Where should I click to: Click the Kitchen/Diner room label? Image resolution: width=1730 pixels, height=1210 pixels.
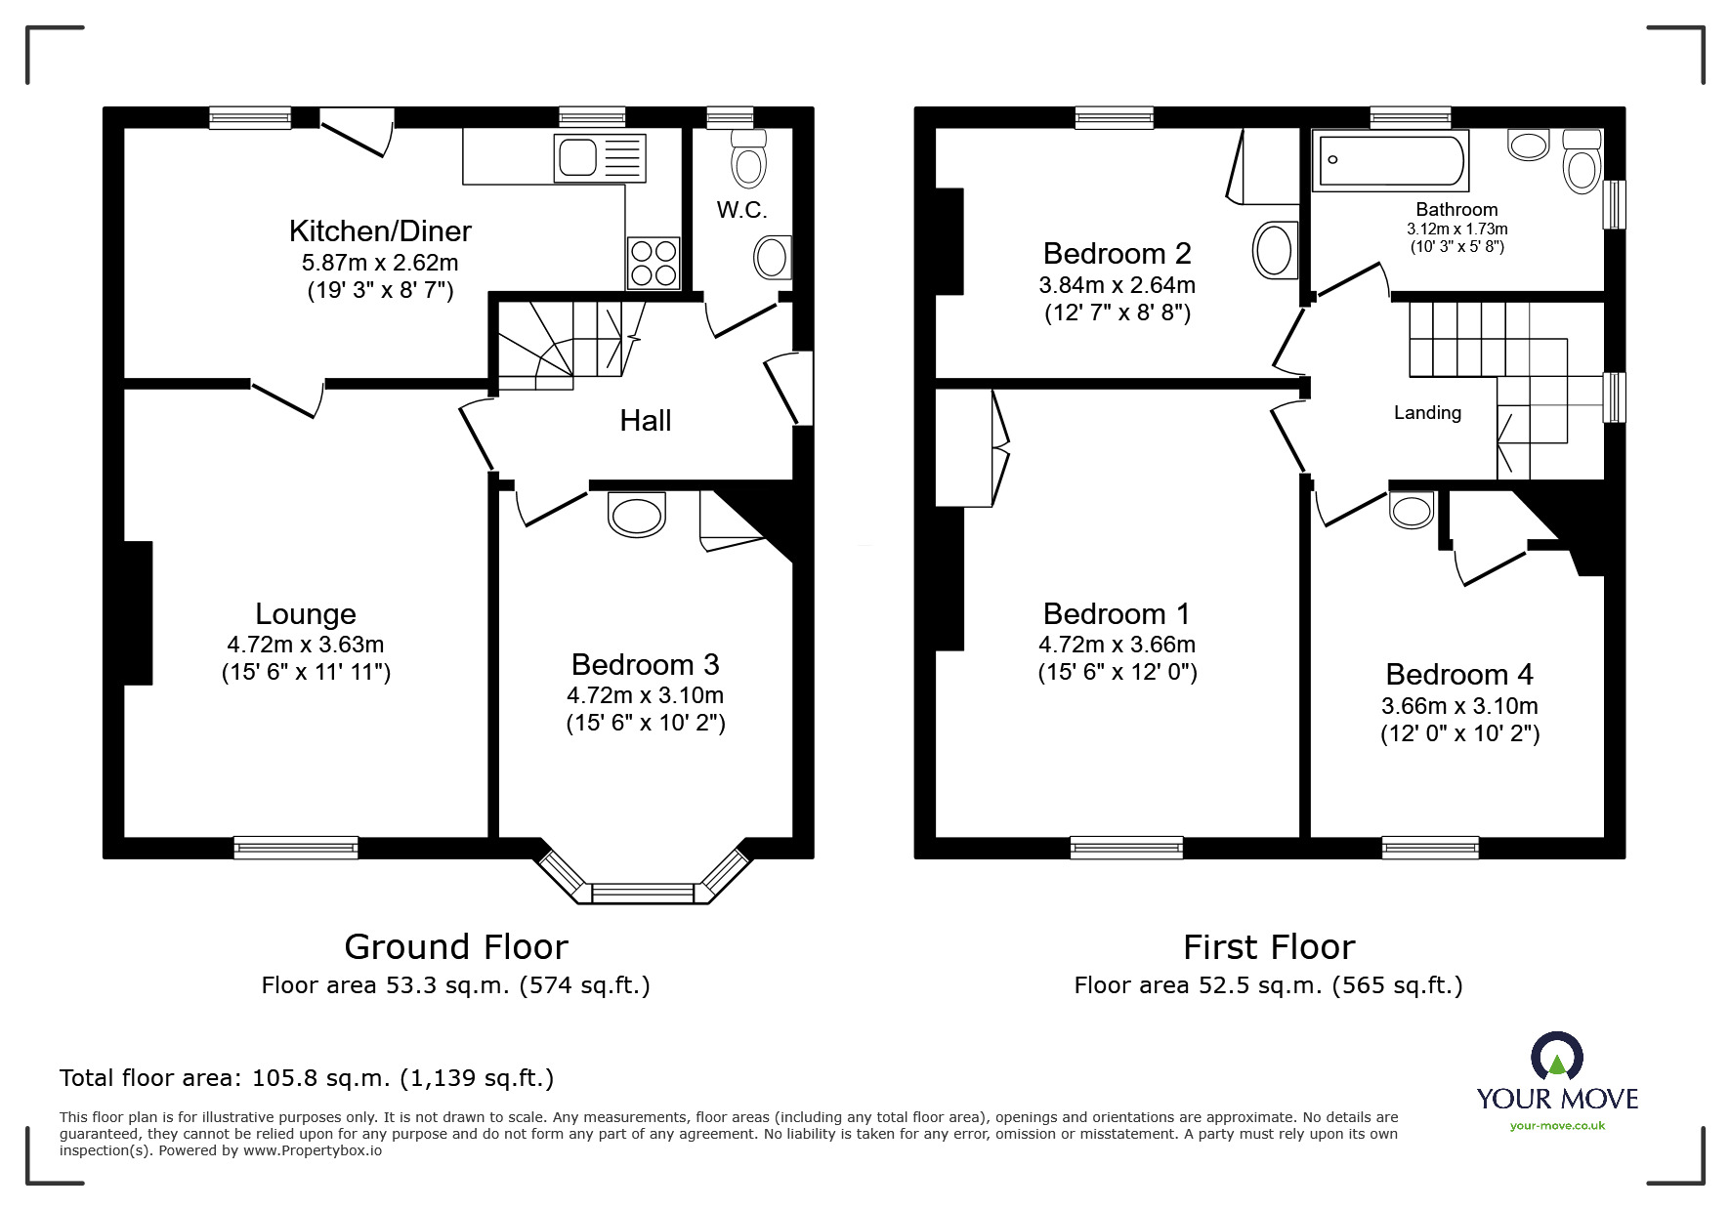pyautogui.click(x=380, y=230)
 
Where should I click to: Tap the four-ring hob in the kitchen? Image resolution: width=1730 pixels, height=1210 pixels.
pyautogui.click(x=654, y=262)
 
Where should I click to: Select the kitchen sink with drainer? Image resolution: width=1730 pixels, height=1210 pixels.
pyautogui.click(x=599, y=158)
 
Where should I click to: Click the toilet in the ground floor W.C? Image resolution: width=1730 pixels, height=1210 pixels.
pyautogui.click(x=748, y=159)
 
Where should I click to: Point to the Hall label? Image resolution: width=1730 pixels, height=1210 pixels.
pyautogui.click(x=645, y=421)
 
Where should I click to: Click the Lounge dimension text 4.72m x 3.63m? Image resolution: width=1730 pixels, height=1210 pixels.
pyautogui.click(x=305, y=645)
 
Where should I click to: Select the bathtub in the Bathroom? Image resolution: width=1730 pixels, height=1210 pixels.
pyautogui.click(x=1392, y=161)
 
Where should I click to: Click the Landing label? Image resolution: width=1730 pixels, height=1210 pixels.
pyautogui.click(x=1427, y=413)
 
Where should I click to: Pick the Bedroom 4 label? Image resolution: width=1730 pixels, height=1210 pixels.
pyautogui.click(x=1458, y=675)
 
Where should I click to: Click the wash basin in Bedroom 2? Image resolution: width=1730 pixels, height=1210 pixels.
pyautogui.click(x=1274, y=249)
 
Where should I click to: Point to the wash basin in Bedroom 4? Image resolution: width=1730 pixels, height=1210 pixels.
pyautogui.click(x=1411, y=510)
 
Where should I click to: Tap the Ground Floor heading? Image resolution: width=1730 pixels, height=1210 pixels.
pyautogui.click(x=455, y=947)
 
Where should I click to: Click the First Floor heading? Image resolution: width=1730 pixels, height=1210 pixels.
pyautogui.click(x=1268, y=947)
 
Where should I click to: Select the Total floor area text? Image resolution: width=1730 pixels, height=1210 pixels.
pyautogui.click(x=307, y=1078)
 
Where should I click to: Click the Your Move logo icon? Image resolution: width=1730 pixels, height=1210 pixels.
pyautogui.click(x=1556, y=1057)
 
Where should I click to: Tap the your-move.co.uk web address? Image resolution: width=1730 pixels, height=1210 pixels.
pyautogui.click(x=1557, y=1126)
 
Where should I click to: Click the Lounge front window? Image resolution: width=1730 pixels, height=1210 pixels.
pyautogui.click(x=296, y=847)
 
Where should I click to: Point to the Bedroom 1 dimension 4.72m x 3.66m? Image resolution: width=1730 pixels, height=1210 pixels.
pyautogui.click(x=1117, y=645)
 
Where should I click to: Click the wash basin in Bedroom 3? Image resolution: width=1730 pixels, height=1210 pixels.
pyautogui.click(x=636, y=515)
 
